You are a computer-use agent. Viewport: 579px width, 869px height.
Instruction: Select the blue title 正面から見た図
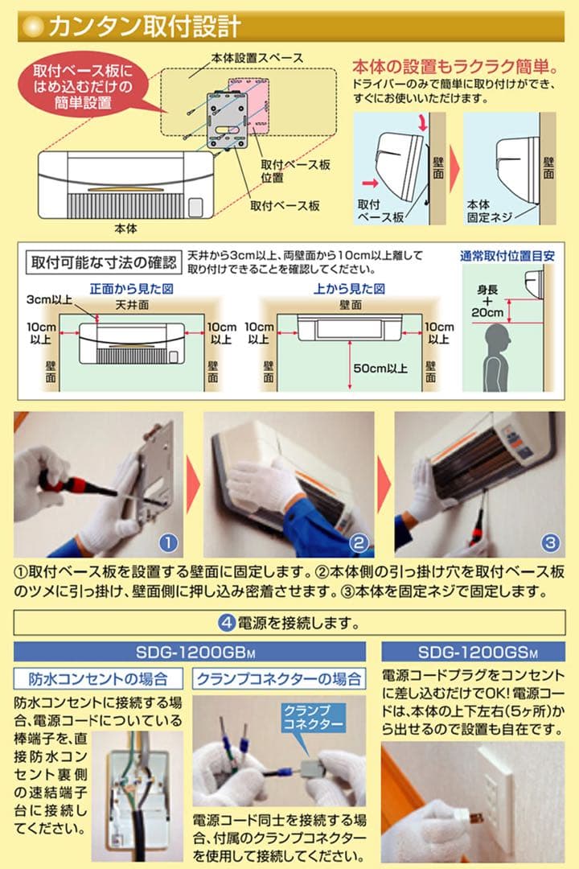click(132, 288)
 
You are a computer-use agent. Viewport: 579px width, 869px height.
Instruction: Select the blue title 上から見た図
click(350, 288)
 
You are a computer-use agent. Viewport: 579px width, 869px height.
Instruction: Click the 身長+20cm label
click(488, 301)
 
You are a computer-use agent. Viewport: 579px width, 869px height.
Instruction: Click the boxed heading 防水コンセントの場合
click(97, 677)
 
